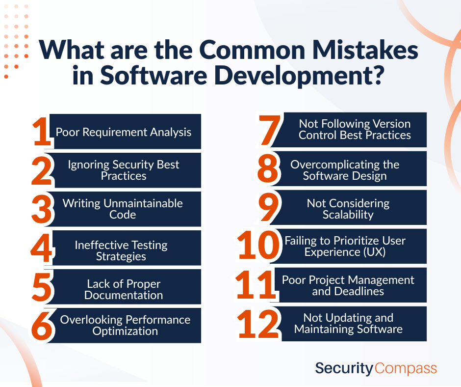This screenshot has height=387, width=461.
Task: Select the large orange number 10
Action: pos(259,246)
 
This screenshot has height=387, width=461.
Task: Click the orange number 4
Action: pos(41,249)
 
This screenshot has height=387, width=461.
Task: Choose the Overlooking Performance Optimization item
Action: pos(126,325)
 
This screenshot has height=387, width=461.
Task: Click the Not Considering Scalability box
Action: pos(348,209)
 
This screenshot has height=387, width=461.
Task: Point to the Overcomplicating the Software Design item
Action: pos(345,170)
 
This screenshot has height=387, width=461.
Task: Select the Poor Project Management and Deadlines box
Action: pos(348,285)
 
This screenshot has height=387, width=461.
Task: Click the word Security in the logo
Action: pos(344,368)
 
